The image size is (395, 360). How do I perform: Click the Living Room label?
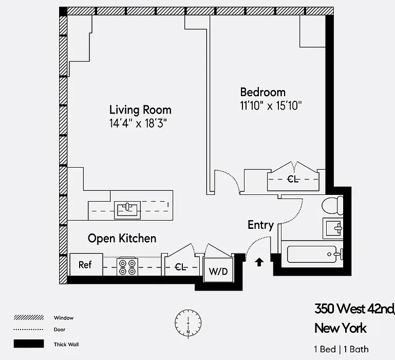click(x=140, y=110)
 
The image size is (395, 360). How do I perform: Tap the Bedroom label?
click(x=262, y=92)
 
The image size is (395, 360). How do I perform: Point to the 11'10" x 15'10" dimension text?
click(x=271, y=106)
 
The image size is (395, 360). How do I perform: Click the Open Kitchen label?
click(x=122, y=238)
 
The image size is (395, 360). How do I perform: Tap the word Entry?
click(x=260, y=225)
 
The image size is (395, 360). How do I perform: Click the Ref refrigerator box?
click(x=85, y=265)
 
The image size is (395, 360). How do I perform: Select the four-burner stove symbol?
click(x=128, y=266)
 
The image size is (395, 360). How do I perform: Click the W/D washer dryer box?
click(x=217, y=271)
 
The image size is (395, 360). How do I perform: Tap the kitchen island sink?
click(x=128, y=209)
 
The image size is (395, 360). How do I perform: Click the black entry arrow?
click(x=259, y=262)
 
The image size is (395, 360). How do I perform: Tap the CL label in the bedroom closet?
click(x=293, y=179)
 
